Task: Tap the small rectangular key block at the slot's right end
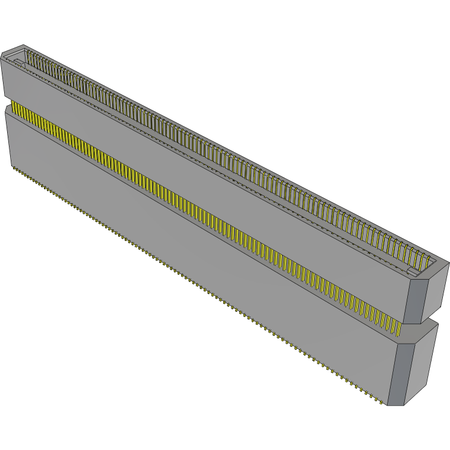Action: point(411,271)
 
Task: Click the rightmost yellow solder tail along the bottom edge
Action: point(379,402)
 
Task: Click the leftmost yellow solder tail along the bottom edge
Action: point(13,168)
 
